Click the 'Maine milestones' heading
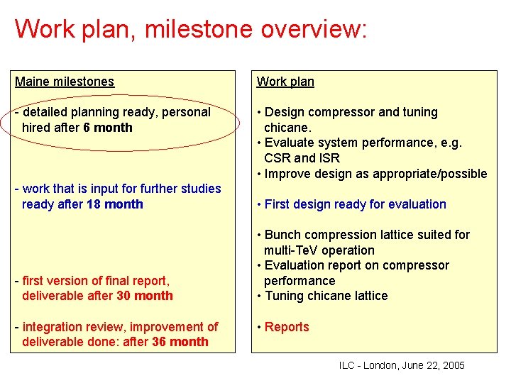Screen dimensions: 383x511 tap(65, 82)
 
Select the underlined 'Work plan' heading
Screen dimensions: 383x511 tap(285, 82)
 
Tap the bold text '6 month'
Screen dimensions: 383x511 tap(108, 128)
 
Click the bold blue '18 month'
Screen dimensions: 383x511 tap(115, 204)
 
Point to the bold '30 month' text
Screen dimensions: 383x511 tap(145, 296)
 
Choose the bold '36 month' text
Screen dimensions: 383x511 tap(180, 342)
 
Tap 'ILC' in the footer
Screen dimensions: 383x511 tap(347, 366)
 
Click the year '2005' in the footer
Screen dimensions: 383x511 tap(452, 366)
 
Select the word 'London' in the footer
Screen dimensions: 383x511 tap(380, 366)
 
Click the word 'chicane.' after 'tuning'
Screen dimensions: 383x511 tap(287, 128)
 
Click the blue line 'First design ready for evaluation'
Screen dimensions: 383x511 tap(355, 204)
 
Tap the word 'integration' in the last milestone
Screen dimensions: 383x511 tap(53, 327)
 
